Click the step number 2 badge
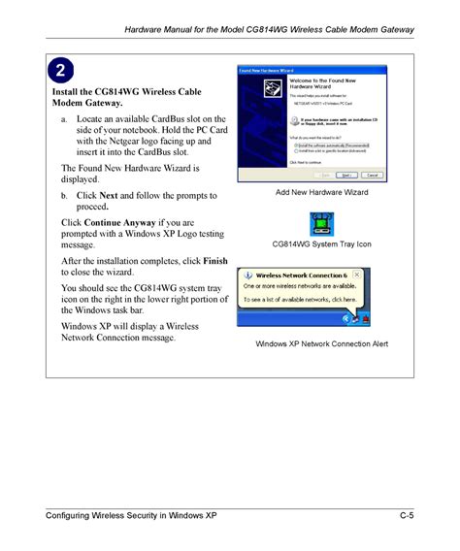coord(60,71)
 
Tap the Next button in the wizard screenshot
coord(345,177)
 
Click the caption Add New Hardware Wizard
coord(321,193)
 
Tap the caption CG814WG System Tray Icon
coord(321,244)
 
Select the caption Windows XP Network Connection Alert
coord(321,344)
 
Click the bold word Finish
coord(214,261)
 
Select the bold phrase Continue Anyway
coord(120,222)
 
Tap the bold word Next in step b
coord(109,195)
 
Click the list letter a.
coord(63,118)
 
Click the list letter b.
coord(63,195)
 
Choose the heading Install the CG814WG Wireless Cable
coord(126,92)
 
